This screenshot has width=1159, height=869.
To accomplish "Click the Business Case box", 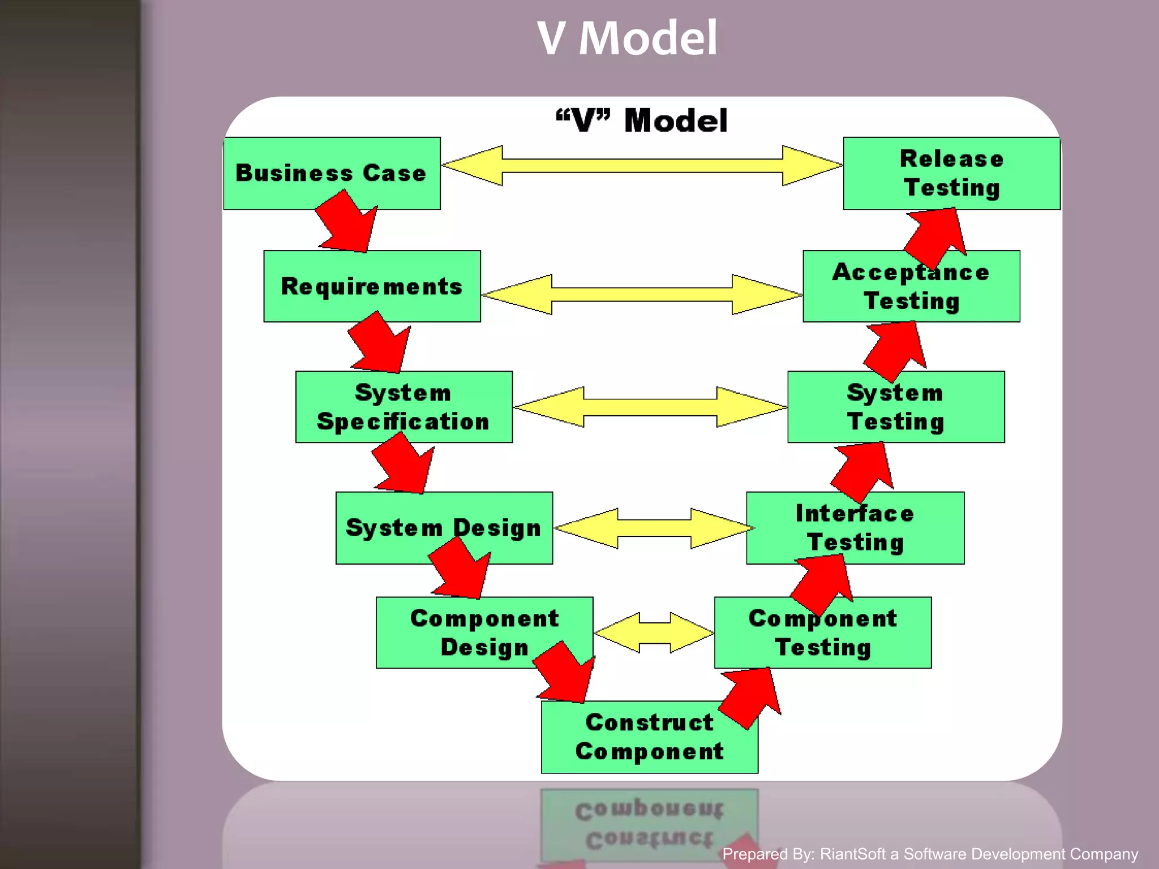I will (331, 173).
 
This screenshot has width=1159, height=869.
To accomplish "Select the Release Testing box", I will (951, 173).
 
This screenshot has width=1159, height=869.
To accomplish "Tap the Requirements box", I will (372, 286).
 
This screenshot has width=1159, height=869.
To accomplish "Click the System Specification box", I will (403, 407).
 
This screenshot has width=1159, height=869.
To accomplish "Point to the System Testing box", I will (896, 407).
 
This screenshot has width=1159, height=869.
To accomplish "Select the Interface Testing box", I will (855, 528).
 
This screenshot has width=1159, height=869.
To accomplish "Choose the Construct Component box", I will (649, 737).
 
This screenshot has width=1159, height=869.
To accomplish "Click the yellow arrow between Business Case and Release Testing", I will (642, 165).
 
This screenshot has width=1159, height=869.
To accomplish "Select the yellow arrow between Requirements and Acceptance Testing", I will (642, 294).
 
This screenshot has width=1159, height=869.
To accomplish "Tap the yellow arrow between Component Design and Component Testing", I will (654, 632).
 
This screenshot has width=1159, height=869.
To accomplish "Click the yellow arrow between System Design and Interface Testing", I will (654, 528).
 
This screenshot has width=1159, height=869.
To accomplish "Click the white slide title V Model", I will (627, 38).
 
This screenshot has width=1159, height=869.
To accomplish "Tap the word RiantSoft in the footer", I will (852, 854).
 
